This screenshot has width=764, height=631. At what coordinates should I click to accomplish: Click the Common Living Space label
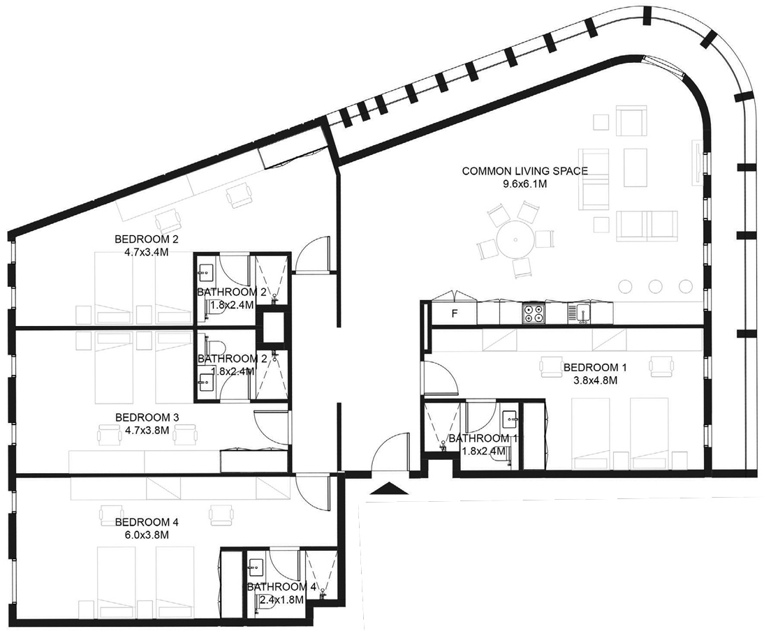pyautogui.click(x=524, y=171)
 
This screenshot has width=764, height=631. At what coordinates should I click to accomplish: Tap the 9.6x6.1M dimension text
pyautogui.click(x=524, y=184)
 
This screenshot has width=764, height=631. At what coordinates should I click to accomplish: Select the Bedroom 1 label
pyautogui.click(x=595, y=368)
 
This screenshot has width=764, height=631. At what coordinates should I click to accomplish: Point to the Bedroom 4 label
pyautogui.click(x=147, y=522)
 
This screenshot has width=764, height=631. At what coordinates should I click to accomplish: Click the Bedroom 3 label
pyautogui.click(x=147, y=417)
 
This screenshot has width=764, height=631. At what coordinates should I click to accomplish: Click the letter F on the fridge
pyautogui.click(x=454, y=314)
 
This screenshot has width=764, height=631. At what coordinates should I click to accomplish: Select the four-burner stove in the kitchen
pyautogui.click(x=534, y=313)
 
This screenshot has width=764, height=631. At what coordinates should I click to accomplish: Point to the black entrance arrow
pyautogui.click(x=388, y=489)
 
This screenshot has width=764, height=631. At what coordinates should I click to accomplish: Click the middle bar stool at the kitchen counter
pyautogui.click(x=655, y=285)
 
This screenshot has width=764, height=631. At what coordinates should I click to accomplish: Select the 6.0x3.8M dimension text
pyautogui.click(x=147, y=535)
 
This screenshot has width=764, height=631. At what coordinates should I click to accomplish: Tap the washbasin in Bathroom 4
pyautogui.click(x=256, y=566)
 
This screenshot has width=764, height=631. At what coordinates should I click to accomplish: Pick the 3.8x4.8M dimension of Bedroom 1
pyautogui.click(x=595, y=380)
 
